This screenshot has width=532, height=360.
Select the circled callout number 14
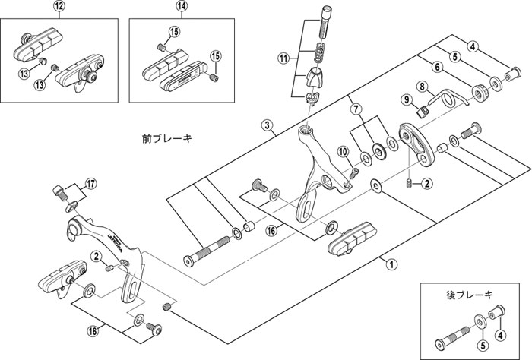[x=181, y=6]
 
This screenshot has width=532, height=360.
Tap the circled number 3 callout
[x=267, y=125]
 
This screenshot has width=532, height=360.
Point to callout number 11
[x=283, y=58]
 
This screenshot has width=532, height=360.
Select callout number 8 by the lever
[x=420, y=87]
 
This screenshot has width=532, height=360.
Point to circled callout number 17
[x=90, y=183]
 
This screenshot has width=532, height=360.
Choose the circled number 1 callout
[x=391, y=265]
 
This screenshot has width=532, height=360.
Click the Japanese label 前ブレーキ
[x=168, y=139]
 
